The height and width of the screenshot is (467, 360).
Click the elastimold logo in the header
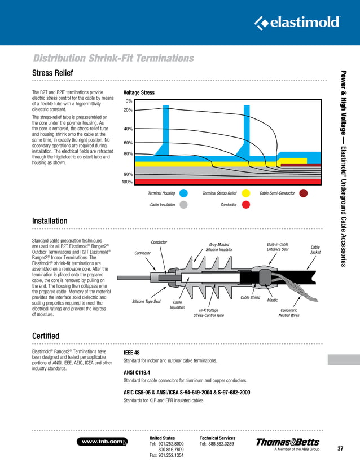[297, 23]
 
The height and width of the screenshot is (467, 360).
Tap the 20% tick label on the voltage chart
[128, 109]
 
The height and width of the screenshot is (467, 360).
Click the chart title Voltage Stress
[138, 92]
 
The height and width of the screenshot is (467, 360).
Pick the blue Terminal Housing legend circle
[183, 193]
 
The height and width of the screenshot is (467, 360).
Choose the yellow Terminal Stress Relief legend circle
[245, 193]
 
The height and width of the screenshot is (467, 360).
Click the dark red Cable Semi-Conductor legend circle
[304, 193]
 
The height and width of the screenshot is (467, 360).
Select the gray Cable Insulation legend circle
[183, 205]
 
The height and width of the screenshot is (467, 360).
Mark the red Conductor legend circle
[245, 205]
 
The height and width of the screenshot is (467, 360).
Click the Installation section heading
[50, 221]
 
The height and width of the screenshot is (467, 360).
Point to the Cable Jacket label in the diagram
[315, 249]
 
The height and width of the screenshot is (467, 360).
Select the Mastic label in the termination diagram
[273, 300]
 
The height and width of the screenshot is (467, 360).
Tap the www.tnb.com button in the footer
[102, 442]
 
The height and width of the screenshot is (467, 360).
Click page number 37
[340, 449]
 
